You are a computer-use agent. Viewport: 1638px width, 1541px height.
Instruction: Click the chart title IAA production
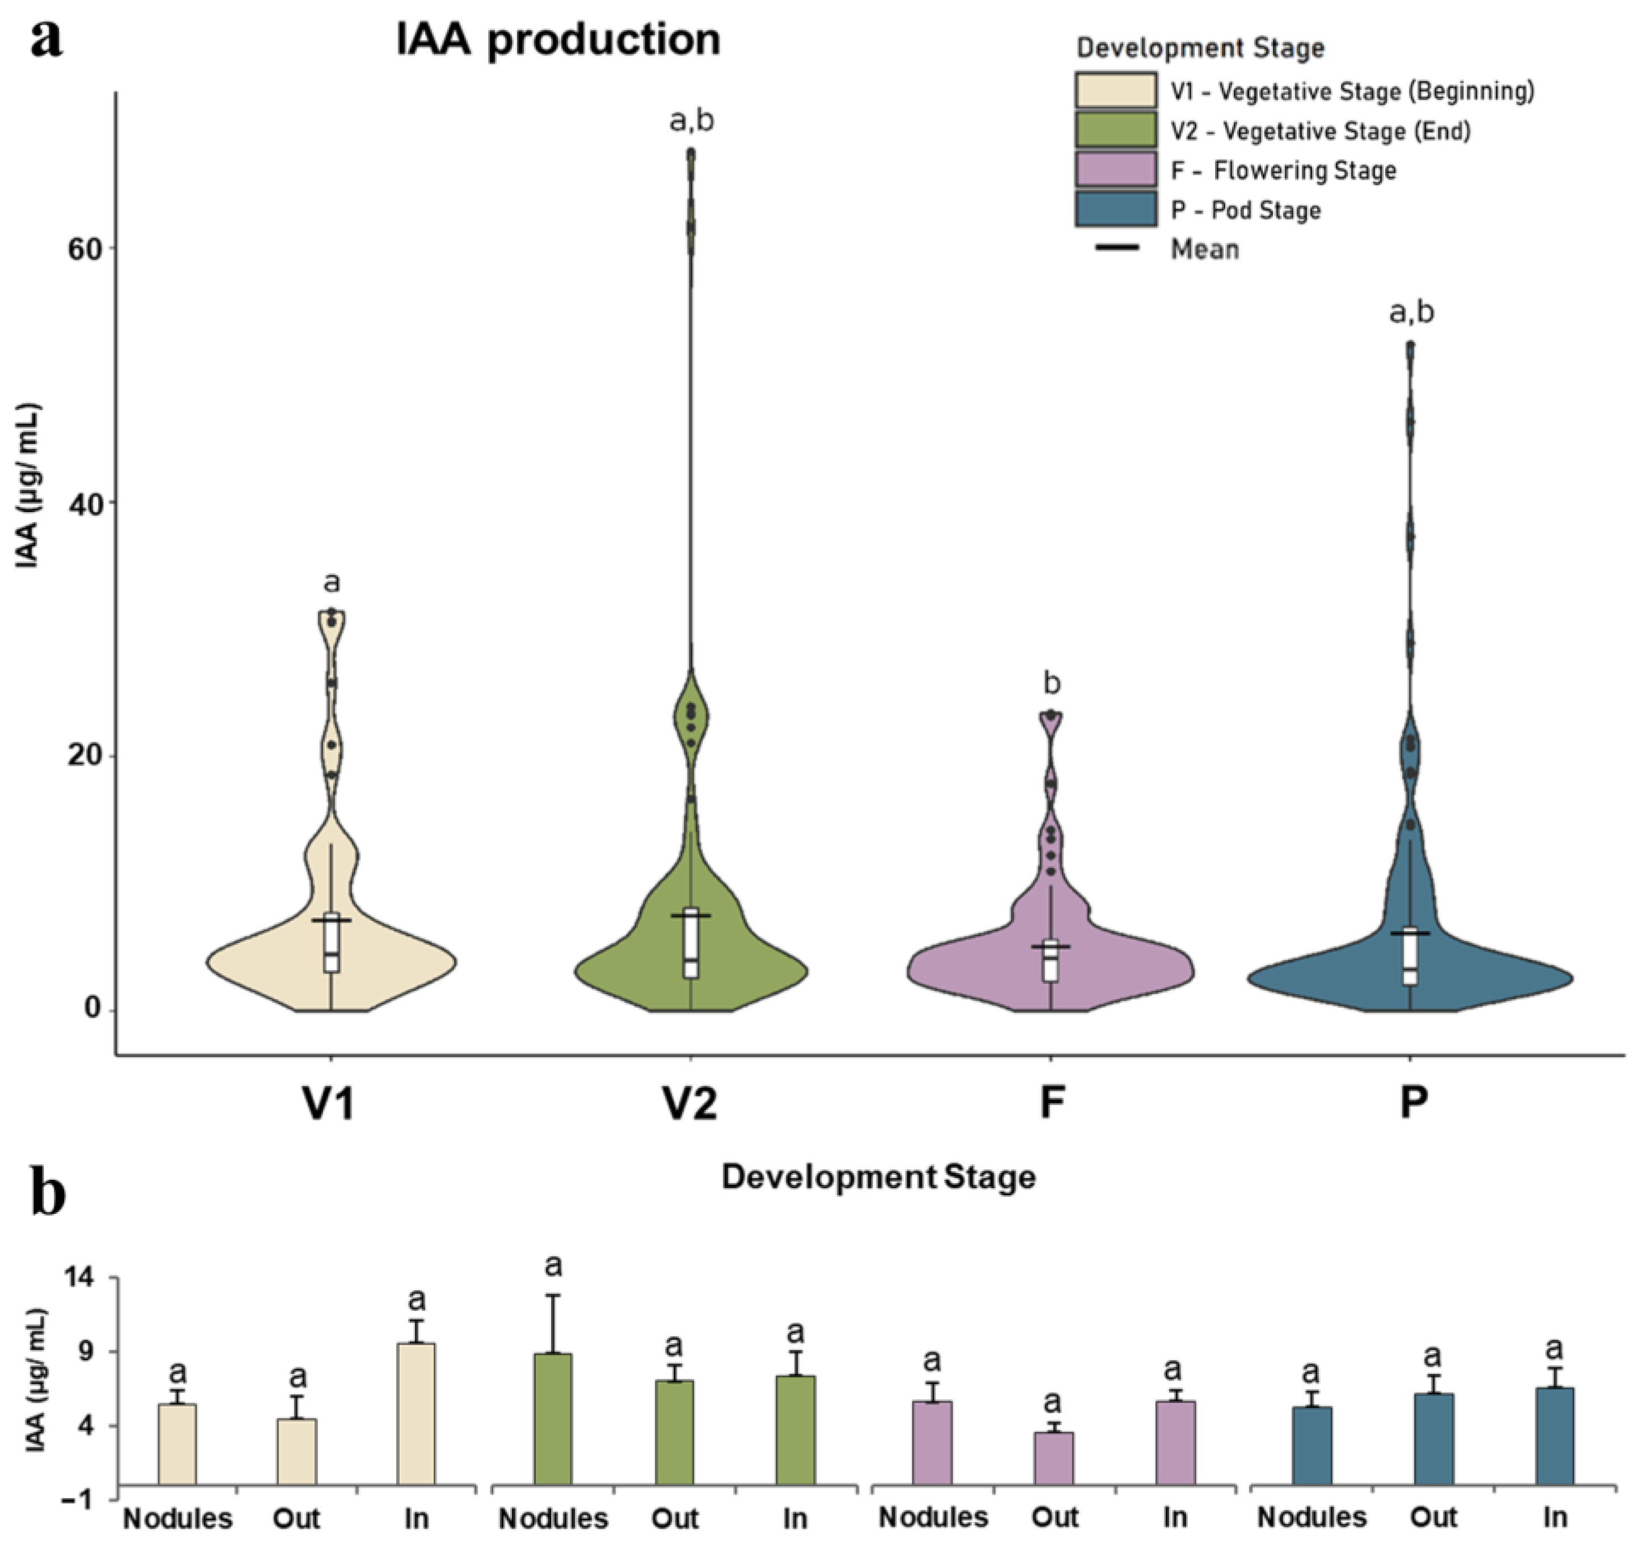click(558, 40)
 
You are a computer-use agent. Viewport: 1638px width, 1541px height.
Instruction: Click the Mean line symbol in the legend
click(1118, 247)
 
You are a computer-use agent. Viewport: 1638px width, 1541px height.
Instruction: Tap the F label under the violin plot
click(1051, 1103)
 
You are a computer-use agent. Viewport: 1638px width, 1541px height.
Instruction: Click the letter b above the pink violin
click(1051, 683)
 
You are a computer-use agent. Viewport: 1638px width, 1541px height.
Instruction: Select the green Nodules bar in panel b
click(553, 1419)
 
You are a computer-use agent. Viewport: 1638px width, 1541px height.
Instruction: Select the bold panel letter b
click(48, 1195)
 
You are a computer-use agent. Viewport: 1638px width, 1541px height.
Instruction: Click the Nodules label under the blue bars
click(1312, 1517)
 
